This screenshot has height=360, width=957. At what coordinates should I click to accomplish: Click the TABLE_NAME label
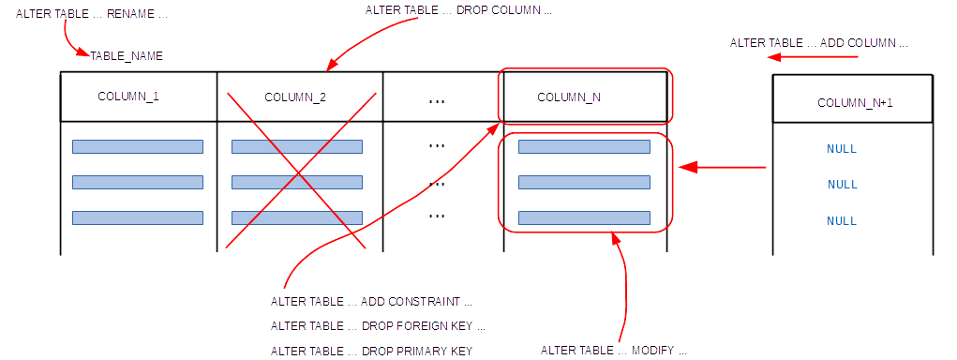pyautogui.click(x=127, y=56)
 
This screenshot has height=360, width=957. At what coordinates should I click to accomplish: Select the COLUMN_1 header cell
pyautogui.click(x=139, y=97)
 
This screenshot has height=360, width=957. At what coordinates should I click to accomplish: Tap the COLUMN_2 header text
pyautogui.click(x=295, y=97)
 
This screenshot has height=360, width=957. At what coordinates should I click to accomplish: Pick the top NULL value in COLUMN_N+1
pyautogui.click(x=842, y=149)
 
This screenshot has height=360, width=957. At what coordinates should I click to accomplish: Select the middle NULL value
pyautogui.click(x=843, y=185)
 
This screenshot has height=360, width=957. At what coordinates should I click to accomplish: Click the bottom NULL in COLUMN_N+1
pyautogui.click(x=842, y=221)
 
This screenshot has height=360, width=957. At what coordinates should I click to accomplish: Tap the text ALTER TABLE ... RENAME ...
pyautogui.click(x=92, y=15)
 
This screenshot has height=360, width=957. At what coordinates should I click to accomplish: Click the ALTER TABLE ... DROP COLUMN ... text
pyautogui.click(x=458, y=11)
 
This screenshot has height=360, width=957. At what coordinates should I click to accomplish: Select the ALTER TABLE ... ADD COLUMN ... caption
pyautogui.click(x=819, y=43)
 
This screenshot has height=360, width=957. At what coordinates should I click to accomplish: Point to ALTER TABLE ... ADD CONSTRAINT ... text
pyautogui.click(x=372, y=302)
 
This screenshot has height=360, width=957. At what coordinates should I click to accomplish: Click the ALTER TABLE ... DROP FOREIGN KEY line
pyautogui.click(x=378, y=326)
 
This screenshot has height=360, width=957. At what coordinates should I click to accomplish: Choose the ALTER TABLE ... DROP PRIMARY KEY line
pyautogui.click(x=371, y=351)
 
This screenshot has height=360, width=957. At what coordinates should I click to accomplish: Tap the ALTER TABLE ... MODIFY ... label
pyautogui.click(x=614, y=351)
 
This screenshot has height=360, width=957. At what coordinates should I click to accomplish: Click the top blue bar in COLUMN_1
pyautogui.click(x=138, y=146)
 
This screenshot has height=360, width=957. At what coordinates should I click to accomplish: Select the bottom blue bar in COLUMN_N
pyautogui.click(x=584, y=217)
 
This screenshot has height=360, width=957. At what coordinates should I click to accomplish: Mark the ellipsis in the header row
pyautogui.click(x=437, y=101)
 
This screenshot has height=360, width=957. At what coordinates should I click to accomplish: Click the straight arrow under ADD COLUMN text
pyautogui.click(x=813, y=57)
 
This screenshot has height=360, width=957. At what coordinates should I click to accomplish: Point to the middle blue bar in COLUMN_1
pyautogui.click(x=138, y=183)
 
